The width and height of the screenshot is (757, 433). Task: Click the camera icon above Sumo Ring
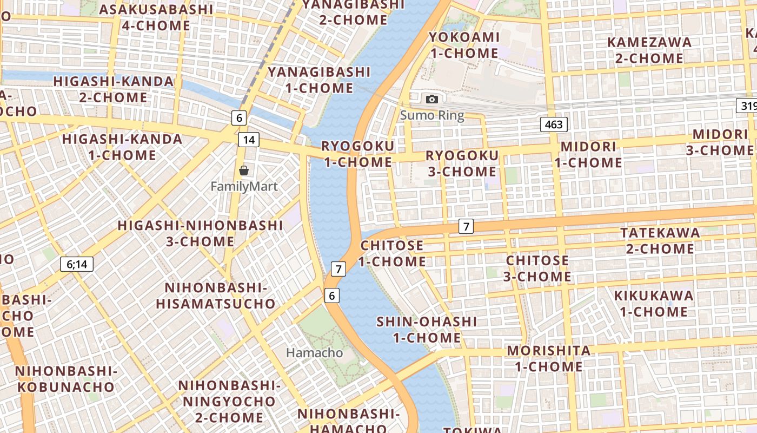click(x=431, y=99)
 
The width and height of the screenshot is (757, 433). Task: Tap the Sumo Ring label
click(x=431, y=115)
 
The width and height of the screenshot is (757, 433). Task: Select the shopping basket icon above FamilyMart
click(x=244, y=170)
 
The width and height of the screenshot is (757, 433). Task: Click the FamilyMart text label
click(x=244, y=187)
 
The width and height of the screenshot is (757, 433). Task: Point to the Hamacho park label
click(x=314, y=353)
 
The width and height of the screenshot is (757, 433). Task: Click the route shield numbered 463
click(x=554, y=124)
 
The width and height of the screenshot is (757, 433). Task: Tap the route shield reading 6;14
click(x=77, y=264)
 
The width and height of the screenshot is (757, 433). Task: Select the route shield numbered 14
click(x=248, y=140)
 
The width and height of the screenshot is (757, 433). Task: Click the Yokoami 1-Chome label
click(x=463, y=45)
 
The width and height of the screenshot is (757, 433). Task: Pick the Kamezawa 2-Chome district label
click(x=649, y=50)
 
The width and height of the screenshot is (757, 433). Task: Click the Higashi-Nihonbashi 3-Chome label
click(x=200, y=233)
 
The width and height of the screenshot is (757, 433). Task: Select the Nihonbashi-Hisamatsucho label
click(x=216, y=296)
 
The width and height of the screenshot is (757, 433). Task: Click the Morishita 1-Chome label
click(x=548, y=358)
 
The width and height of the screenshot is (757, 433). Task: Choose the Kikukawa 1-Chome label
click(x=653, y=304)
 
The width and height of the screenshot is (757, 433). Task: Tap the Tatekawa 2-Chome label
click(x=660, y=241)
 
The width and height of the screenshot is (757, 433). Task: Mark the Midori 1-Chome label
click(x=588, y=154)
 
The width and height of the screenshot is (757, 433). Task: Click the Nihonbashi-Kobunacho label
click(x=66, y=379)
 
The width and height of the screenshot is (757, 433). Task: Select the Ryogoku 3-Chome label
click(x=462, y=163)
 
